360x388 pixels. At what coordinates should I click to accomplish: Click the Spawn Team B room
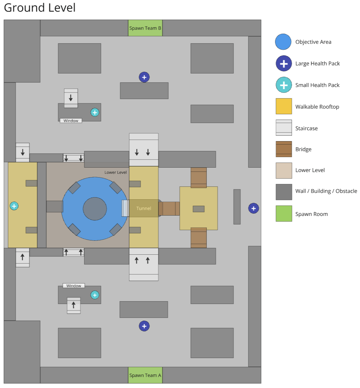pos(145,28)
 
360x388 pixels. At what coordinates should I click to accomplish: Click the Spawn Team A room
pos(145,375)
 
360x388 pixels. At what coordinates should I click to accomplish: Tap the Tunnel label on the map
pos(144,208)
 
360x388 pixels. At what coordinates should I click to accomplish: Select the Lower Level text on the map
pos(116,172)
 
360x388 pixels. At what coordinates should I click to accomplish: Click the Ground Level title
pos(40,7)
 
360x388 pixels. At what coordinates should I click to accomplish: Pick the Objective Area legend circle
pos(283,42)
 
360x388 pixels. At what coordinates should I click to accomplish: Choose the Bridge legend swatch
pos(284,149)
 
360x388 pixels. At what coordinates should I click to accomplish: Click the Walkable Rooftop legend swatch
pos(284,106)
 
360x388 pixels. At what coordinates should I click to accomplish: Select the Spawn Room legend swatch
pos(284,214)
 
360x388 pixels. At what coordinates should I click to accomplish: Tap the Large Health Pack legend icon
pos(283,63)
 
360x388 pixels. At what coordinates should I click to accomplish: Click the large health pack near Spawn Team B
pos(144,77)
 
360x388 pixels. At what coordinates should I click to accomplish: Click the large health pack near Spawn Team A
pos(144,326)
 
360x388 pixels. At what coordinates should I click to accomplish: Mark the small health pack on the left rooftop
pos(14,206)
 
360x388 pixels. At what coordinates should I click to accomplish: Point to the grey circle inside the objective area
pos(95,208)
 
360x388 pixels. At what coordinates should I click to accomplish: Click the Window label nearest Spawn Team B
pos(71,121)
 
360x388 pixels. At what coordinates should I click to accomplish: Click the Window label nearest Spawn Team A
pos(73,286)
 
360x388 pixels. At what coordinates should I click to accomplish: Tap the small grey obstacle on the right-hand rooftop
pos(198,209)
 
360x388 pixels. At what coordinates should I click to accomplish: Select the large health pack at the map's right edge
pos(253,208)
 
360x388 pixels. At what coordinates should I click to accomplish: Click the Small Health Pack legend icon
pos(283,85)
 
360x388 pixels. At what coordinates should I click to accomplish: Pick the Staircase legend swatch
pos(284,128)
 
